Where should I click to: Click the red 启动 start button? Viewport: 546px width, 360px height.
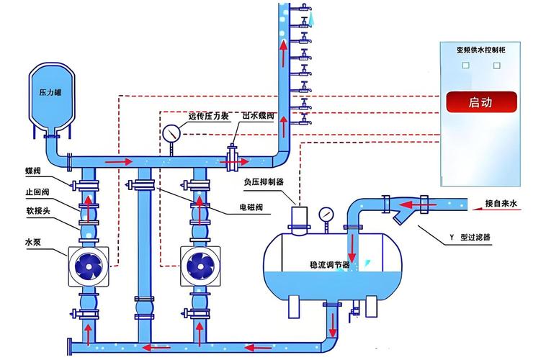coord(480,102)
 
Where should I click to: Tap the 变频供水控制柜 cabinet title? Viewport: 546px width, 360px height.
coord(481,50)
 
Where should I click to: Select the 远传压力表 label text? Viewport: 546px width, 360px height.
coord(208,115)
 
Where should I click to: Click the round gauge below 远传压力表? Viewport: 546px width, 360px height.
coord(172,133)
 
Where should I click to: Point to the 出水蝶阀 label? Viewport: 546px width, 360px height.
coord(257,115)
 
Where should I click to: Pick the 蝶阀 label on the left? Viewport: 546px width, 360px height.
coord(33,171)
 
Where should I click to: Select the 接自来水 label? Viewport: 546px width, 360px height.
coord(501,204)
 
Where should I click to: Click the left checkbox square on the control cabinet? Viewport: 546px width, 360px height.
coord(465,66)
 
